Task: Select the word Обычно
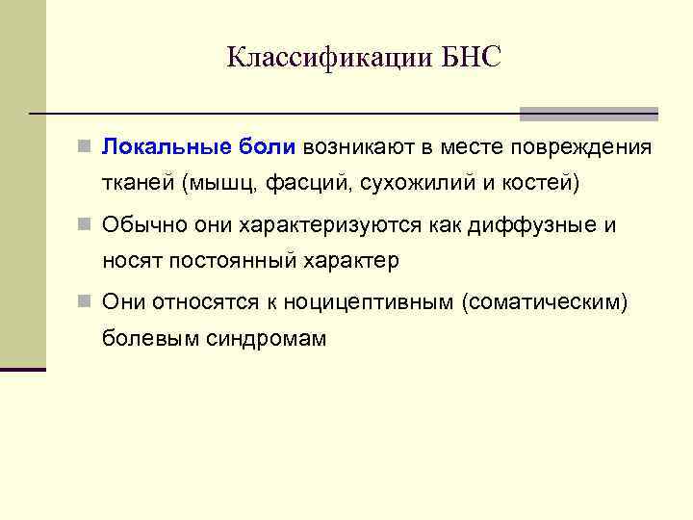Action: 138,226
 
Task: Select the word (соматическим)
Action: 545,303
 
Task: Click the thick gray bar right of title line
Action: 588,114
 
